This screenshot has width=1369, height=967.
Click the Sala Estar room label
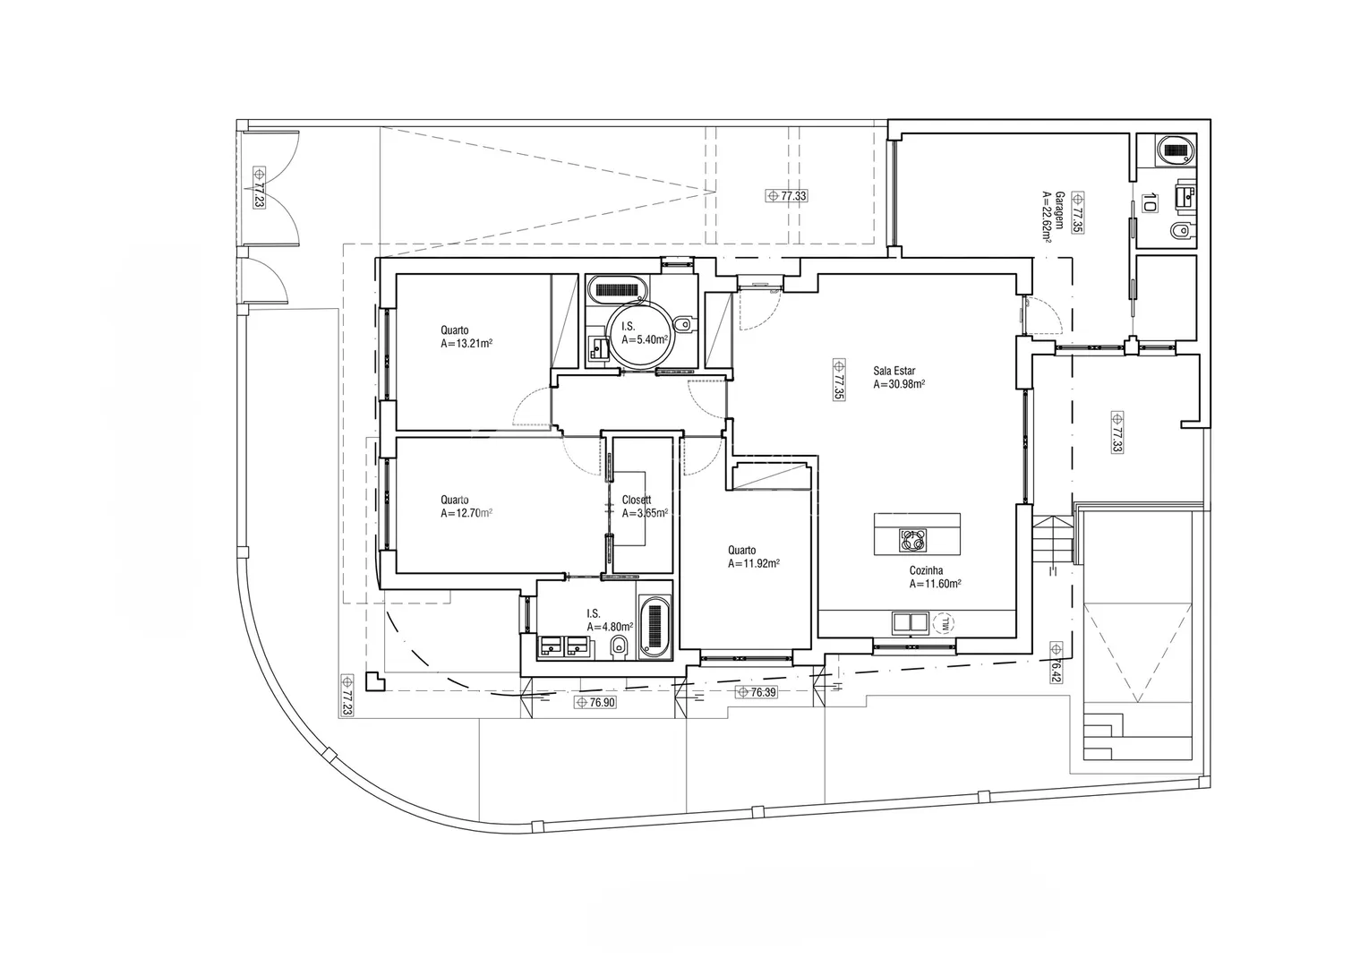pos(894,371)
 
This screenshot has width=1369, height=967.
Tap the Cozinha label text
pos(926,570)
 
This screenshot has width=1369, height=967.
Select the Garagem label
pos(1060,210)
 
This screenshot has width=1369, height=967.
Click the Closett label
pos(637,500)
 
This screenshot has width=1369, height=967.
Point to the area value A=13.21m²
pos(466,344)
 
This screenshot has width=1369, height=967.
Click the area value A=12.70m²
pos(466,513)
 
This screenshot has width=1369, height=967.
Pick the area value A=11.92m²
pos(754,563)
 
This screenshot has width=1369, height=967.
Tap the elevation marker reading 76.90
pos(595,703)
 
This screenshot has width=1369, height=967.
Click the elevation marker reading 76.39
pos(756,692)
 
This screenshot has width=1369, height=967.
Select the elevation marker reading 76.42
pos(1056,663)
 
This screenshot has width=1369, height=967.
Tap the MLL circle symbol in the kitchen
pos(945,624)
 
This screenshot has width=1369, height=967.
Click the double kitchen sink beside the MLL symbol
pos(911,623)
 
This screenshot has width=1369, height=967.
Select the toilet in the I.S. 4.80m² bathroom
pos(619,646)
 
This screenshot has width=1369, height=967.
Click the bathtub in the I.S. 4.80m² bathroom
pos(655,627)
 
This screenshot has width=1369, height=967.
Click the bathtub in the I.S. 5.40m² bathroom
pos(617,289)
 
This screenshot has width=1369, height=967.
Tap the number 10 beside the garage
pos(1149,202)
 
